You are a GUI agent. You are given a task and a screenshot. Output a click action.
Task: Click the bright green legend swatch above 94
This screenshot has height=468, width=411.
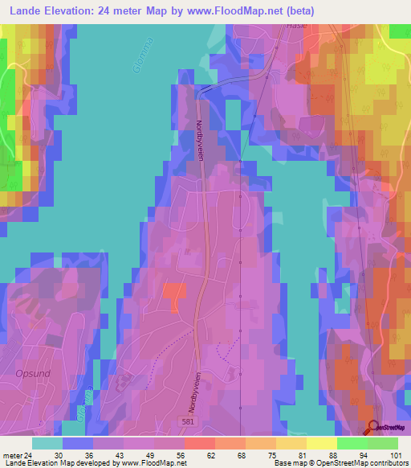click(x=352, y=443)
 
